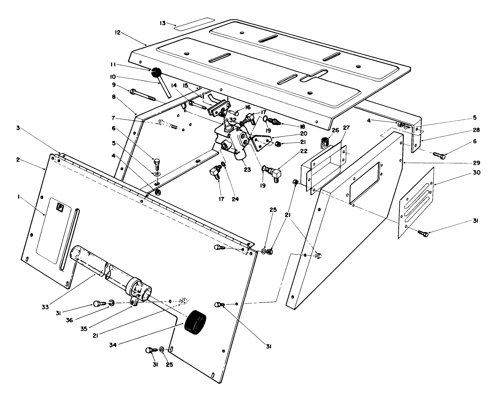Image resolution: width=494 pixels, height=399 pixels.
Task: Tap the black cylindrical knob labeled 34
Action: click(195, 321)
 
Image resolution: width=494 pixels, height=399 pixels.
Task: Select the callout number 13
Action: click(162, 23)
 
